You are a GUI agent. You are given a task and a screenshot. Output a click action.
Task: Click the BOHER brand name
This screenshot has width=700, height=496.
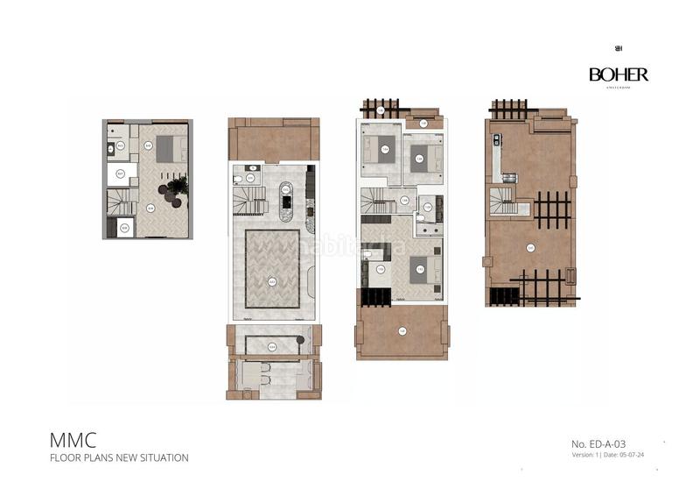coord(619,75)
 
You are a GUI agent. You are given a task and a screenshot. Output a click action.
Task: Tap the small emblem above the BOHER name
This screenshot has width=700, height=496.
coord(619,49)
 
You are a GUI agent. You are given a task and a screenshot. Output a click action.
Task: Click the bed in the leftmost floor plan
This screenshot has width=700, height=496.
coord(171,148)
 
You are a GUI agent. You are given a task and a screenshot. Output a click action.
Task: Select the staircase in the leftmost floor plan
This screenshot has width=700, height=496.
coord(119,203)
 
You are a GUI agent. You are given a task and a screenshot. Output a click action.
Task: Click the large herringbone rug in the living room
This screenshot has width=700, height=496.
coord(272,268)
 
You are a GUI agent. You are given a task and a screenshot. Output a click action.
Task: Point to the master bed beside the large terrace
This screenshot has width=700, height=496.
coord(421,268)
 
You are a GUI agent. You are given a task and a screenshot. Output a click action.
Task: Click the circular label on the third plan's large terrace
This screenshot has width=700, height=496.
coord(402,330)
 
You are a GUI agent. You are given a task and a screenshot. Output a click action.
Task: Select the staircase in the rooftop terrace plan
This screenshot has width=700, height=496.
coord(503,203)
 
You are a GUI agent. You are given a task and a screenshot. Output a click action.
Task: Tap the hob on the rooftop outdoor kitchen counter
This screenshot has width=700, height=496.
coord(497,140)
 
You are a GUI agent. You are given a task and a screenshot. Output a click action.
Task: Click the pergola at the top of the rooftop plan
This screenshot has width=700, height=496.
coord(508,109)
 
